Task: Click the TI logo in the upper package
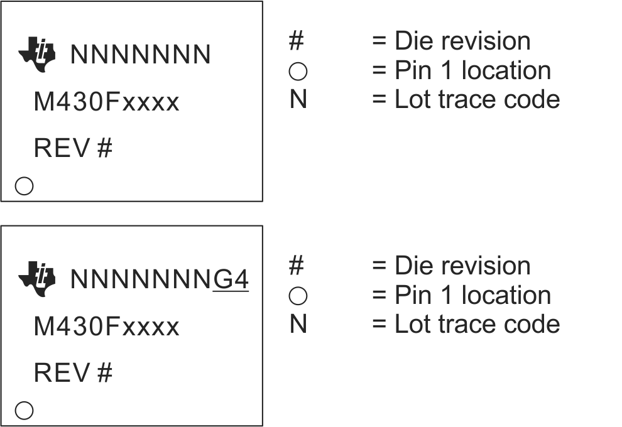pos(37,55)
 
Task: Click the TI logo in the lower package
pos(37,279)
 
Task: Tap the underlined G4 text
pos(231,280)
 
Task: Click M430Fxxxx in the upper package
pos(106,102)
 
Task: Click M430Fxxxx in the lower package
pos(106,327)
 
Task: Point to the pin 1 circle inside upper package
pos(24,186)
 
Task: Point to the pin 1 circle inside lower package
pos(24,411)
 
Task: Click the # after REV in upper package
pos(105,149)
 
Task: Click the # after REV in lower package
pos(105,373)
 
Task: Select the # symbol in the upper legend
pos(297,41)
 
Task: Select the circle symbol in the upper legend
pos(298,72)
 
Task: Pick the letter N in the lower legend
pos(298,325)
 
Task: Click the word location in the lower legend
pos(506,295)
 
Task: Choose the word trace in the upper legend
pos(462,99)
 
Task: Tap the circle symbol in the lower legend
pos(298,296)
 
